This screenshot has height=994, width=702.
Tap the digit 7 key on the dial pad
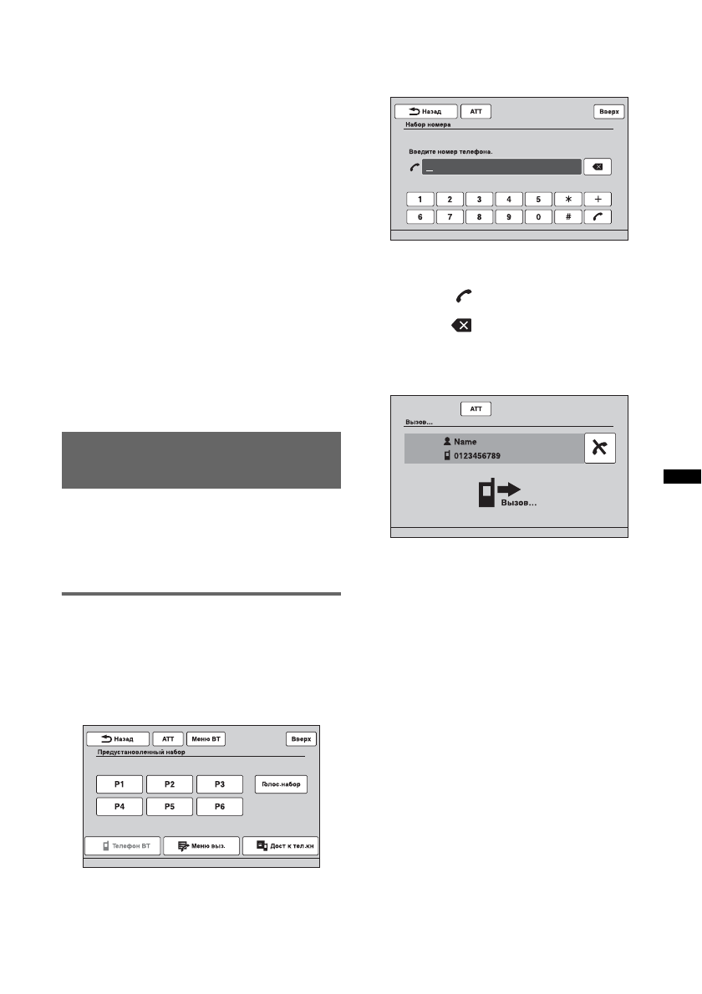(450, 216)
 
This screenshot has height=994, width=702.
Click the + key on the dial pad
(598, 200)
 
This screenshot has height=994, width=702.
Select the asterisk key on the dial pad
(568, 200)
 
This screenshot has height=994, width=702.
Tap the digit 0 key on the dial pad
(538, 216)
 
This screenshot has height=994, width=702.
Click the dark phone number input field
(501, 167)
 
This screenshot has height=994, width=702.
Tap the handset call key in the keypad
(598, 216)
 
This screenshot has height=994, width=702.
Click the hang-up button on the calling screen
(600, 449)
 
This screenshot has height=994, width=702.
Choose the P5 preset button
(170, 807)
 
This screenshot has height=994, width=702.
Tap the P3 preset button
(220, 784)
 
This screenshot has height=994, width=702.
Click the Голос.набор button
(281, 785)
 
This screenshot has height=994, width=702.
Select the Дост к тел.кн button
(281, 846)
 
